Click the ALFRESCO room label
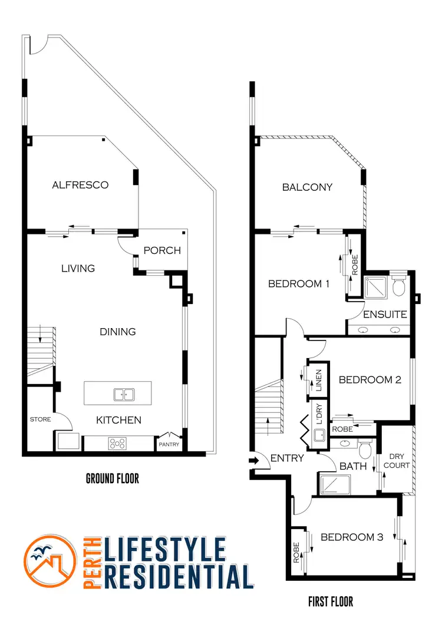pyautogui.click(x=80, y=185)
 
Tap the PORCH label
pyautogui.click(x=162, y=250)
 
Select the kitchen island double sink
pyautogui.click(x=123, y=394)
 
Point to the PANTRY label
pyautogui.click(x=169, y=445)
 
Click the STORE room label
pyautogui.click(x=40, y=419)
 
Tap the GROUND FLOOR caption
pyautogui.click(x=113, y=478)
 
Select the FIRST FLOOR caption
pyautogui.click(x=331, y=601)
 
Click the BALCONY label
pyautogui.click(x=307, y=187)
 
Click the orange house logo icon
pyautogui.click(x=51, y=562)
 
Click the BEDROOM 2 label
pyautogui.click(x=370, y=380)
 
